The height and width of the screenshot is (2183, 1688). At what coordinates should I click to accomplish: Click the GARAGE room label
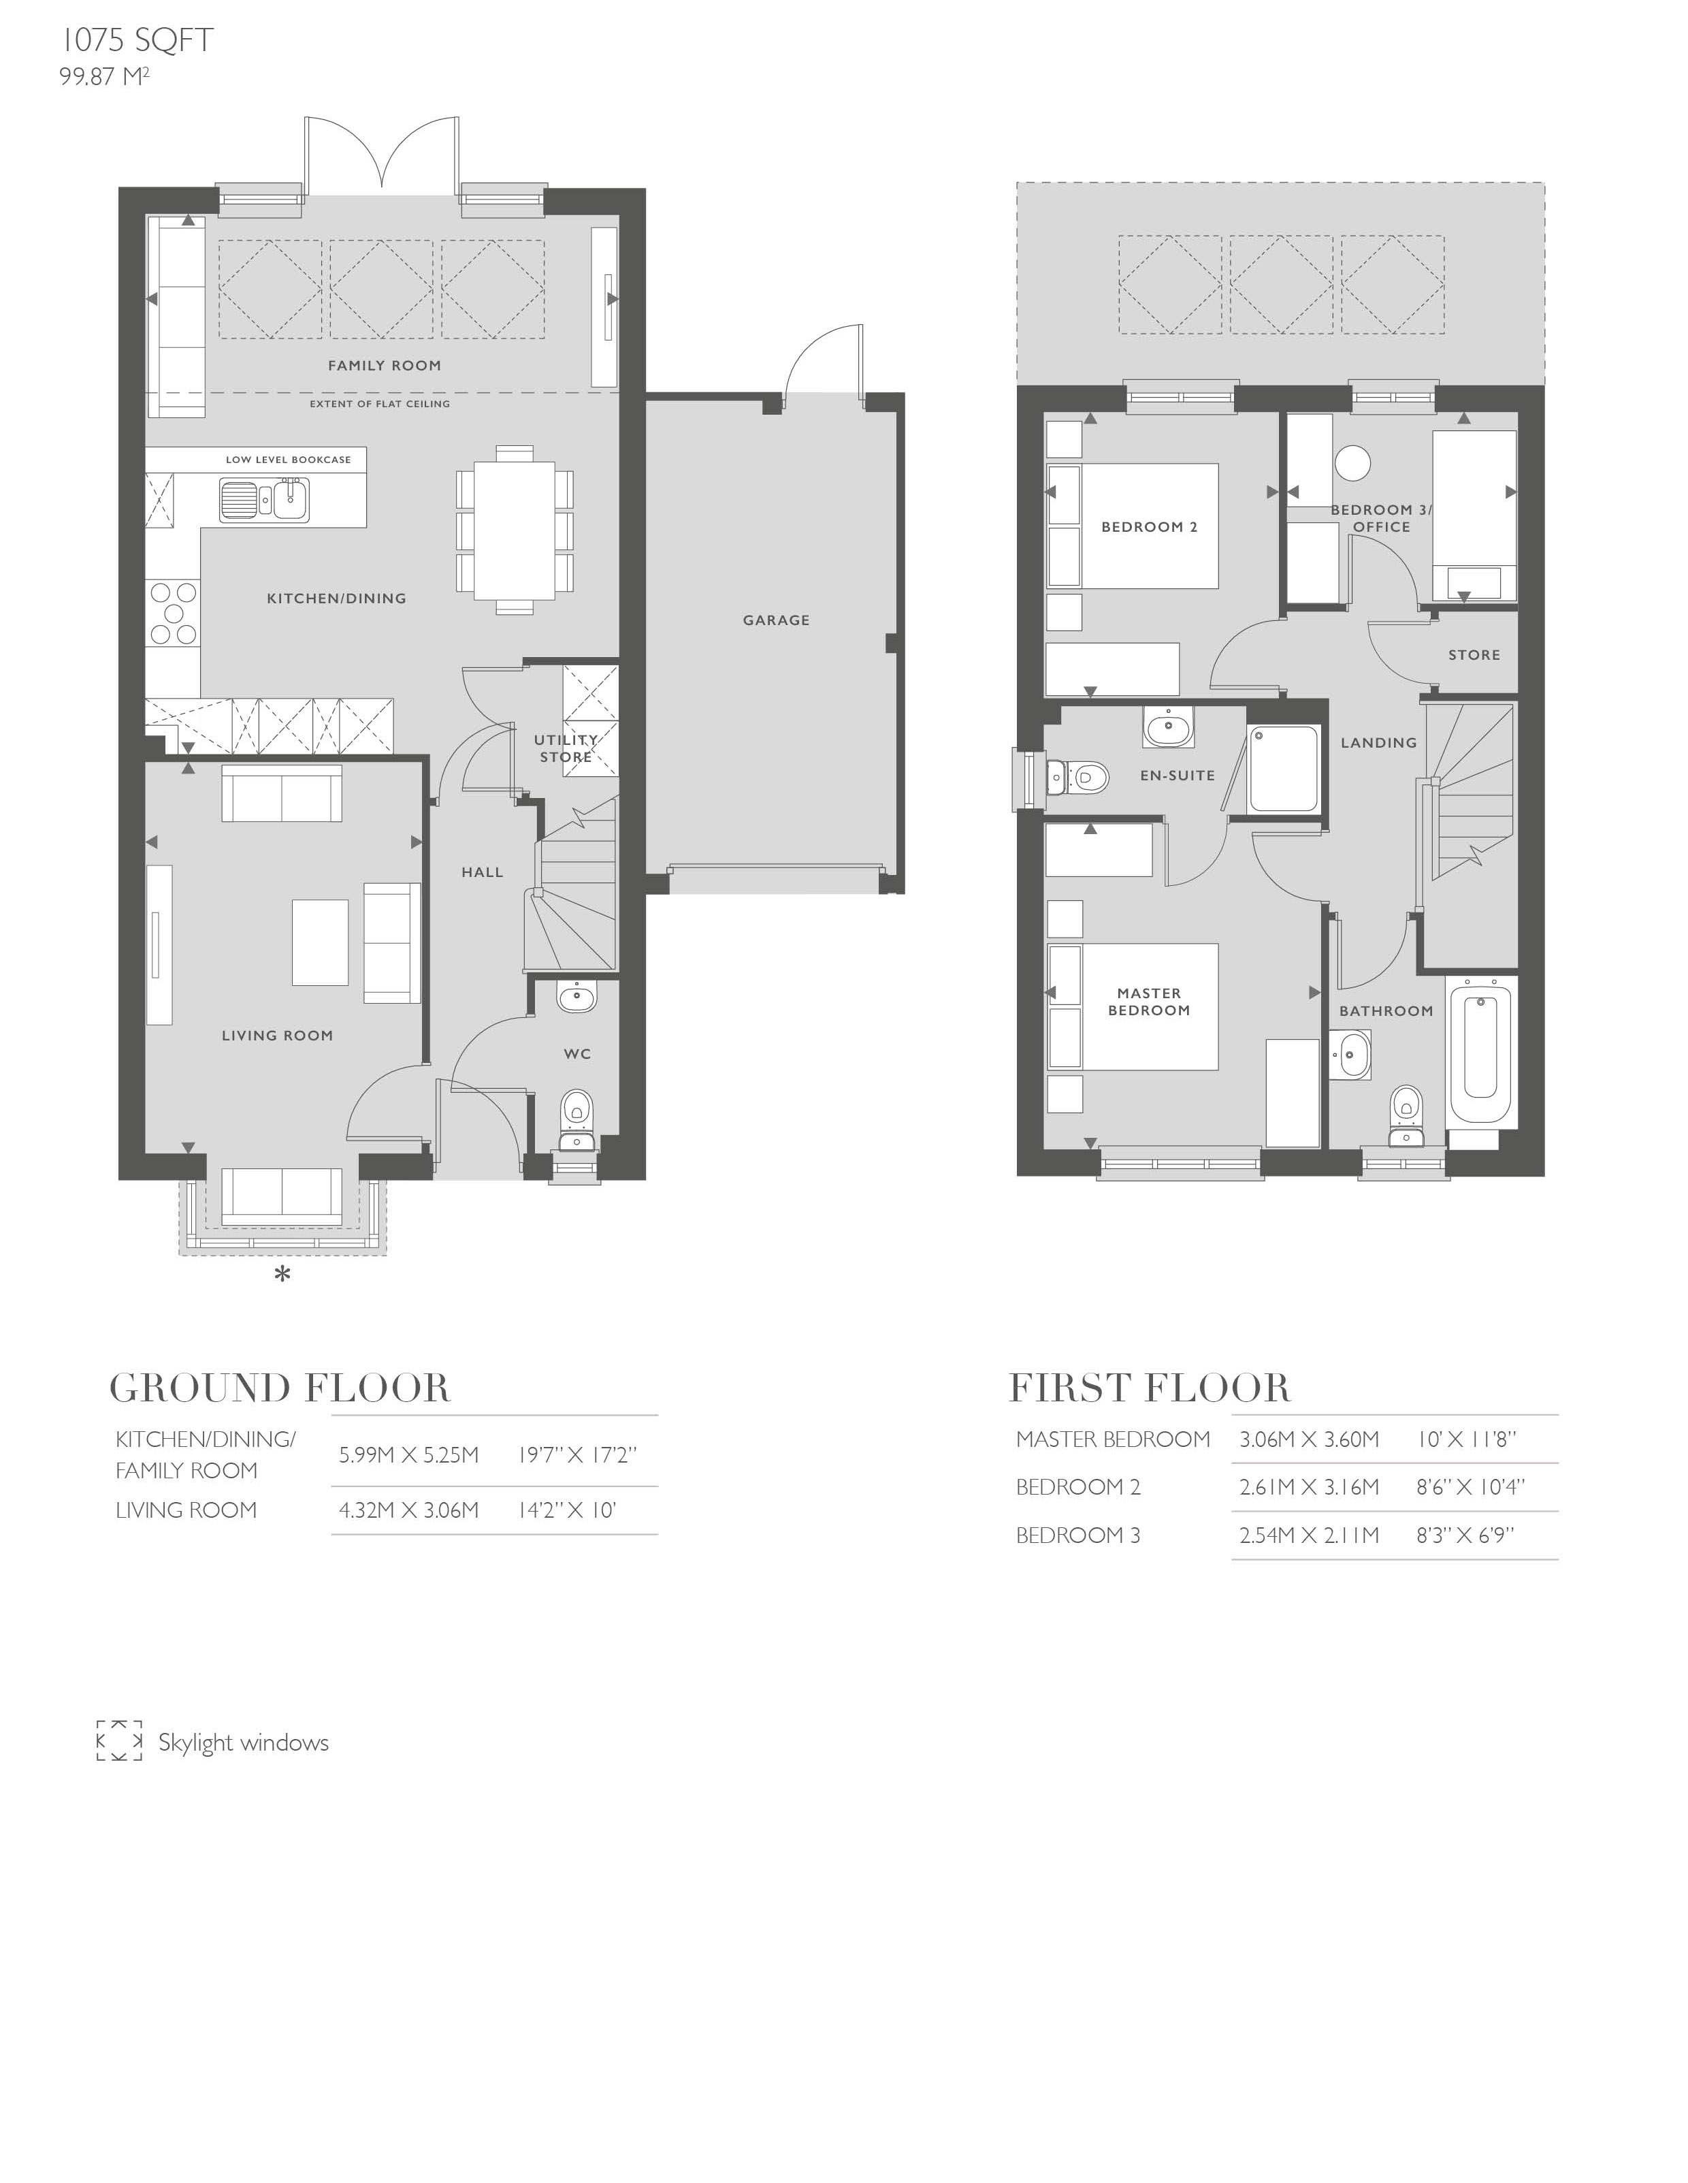click(x=775, y=620)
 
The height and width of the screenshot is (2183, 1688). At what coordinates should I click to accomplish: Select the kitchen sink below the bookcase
click(x=265, y=500)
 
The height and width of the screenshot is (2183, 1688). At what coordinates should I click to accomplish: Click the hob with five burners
click(x=173, y=613)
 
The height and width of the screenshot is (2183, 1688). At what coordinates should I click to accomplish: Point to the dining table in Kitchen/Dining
click(x=515, y=529)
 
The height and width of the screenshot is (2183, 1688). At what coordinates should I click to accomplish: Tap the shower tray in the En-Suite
click(x=1286, y=769)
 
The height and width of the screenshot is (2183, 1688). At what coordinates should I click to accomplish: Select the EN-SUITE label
click(x=1178, y=775)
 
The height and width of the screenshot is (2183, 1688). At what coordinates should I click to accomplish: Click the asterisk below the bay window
click(x=283, y=1273)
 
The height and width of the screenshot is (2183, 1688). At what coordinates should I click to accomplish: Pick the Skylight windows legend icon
click(x=119, y=1741)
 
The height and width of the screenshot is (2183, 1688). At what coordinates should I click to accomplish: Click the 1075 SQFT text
click(x=137, y=40)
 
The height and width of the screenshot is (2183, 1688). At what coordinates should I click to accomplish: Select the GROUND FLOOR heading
click(x=280, y=1388)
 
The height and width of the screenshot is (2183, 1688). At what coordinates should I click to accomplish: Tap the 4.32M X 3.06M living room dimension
click(x=409, y=1510)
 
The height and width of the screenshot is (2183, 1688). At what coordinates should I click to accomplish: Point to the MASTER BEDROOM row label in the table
click(x=1112, y=1439)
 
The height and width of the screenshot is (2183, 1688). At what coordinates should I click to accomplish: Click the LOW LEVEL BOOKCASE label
click(x=288, y=460)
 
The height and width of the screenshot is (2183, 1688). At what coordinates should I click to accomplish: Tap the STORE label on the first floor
click(x=1474, y=655)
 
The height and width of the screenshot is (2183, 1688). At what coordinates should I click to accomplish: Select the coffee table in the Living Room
click(x=320, y=942)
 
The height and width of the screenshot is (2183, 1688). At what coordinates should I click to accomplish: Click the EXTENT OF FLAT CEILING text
click(x=380, y=404)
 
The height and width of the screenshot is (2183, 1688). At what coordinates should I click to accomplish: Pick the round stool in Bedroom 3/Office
click(x=1352, y=463)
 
